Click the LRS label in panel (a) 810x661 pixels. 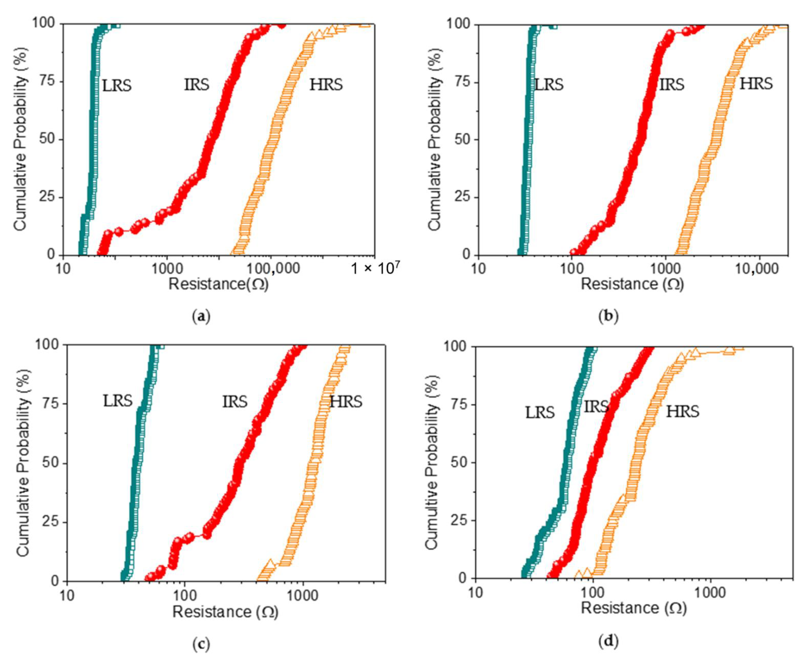pos(117,86)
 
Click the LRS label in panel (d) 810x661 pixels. pos(540,412)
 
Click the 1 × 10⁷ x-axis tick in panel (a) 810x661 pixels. pos(375,269)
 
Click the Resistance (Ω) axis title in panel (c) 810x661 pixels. pos(225,612)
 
